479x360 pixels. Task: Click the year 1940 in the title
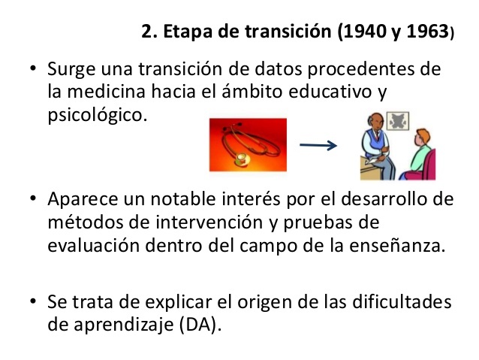(x=363, y=33)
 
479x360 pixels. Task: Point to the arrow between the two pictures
(x=318, y=146)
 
